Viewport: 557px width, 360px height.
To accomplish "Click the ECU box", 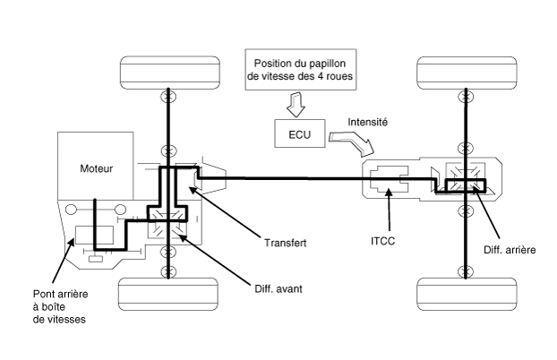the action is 300,133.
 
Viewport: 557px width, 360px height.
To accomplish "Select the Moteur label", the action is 97,168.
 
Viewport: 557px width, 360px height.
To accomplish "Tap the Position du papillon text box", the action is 301,70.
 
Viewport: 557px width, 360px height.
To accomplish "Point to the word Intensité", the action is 367,123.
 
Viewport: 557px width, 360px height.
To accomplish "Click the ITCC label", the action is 382,241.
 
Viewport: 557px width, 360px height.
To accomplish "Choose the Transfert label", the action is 286,243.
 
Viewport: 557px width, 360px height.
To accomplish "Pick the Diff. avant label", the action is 278,288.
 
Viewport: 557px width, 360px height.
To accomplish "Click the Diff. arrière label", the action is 510,250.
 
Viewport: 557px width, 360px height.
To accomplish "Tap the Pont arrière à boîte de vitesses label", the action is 60,306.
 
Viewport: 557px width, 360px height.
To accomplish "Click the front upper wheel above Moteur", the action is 170,73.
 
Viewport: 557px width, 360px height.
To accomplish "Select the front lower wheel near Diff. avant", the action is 168,295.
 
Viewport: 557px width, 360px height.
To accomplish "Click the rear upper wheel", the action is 467,73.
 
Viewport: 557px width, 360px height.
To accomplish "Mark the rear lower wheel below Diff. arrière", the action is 467,295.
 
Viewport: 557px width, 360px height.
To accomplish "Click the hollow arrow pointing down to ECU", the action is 296,105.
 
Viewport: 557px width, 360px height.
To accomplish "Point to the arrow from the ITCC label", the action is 390,210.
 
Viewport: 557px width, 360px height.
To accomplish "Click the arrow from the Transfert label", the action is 225,211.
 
